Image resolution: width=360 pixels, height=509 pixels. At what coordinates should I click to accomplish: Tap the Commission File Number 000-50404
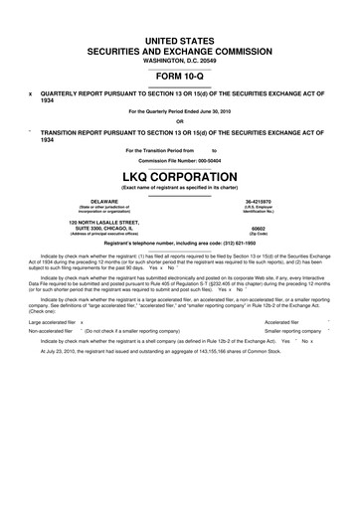(x=179, y=159)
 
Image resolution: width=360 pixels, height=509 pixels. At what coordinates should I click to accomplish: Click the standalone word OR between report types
(x=179, y=122)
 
